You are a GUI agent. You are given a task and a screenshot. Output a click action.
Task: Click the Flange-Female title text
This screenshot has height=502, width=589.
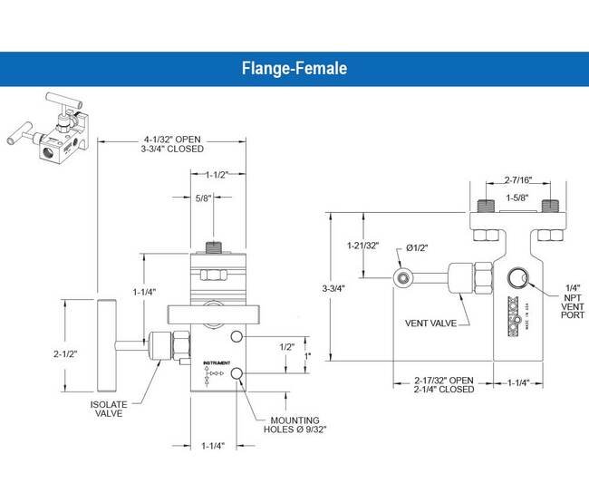[x=294, y=68]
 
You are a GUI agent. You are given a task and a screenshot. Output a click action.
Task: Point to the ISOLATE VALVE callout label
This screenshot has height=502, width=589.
[x=113, y=408]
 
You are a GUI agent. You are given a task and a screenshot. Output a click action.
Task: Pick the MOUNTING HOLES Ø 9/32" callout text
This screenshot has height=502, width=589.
[x=298, y=423]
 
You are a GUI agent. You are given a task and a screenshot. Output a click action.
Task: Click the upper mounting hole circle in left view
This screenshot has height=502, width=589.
[x=237, y=337]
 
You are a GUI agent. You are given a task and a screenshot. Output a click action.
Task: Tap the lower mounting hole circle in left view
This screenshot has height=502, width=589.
[x=237, y=373]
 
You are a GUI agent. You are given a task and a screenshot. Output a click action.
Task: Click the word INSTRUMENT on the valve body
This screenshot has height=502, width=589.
[x=216, y=361]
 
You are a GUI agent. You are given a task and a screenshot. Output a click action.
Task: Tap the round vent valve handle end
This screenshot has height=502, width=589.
[x=401, y=275]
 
